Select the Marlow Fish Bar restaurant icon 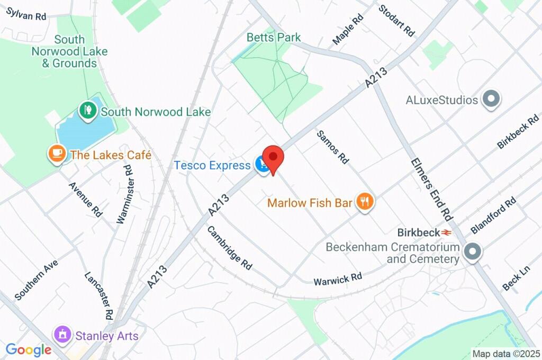click(x=364, y=202)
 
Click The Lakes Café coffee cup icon click(x=57, y=154)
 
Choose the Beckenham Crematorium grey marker click(x=472, y=252)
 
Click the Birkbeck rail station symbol click(x=447, y=232)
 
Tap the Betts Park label click(x=274, y=38)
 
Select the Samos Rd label click(x=333, y=147)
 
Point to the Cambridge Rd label click(x=229, y=246)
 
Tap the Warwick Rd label click(x=338, y=277)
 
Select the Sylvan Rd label click(x=26, y=14)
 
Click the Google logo click(x=28, y=349)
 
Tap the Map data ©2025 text click(x=505, y=354)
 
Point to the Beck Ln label click(x=516, y=278)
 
